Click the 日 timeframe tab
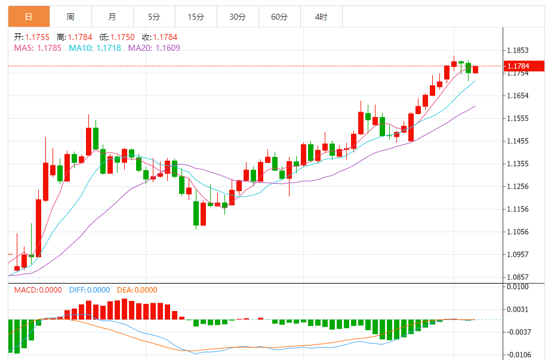click(29, 17)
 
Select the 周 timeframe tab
click(70, 17)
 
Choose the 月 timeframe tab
click(112, 17)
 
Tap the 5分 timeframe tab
click(154, 17)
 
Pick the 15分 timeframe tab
click(196, 17)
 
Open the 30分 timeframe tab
click(238, 17)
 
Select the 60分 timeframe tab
click(279, 17)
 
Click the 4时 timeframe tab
click(321, 17)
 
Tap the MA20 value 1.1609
click(168, 48)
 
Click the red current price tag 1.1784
click(528, 66)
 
